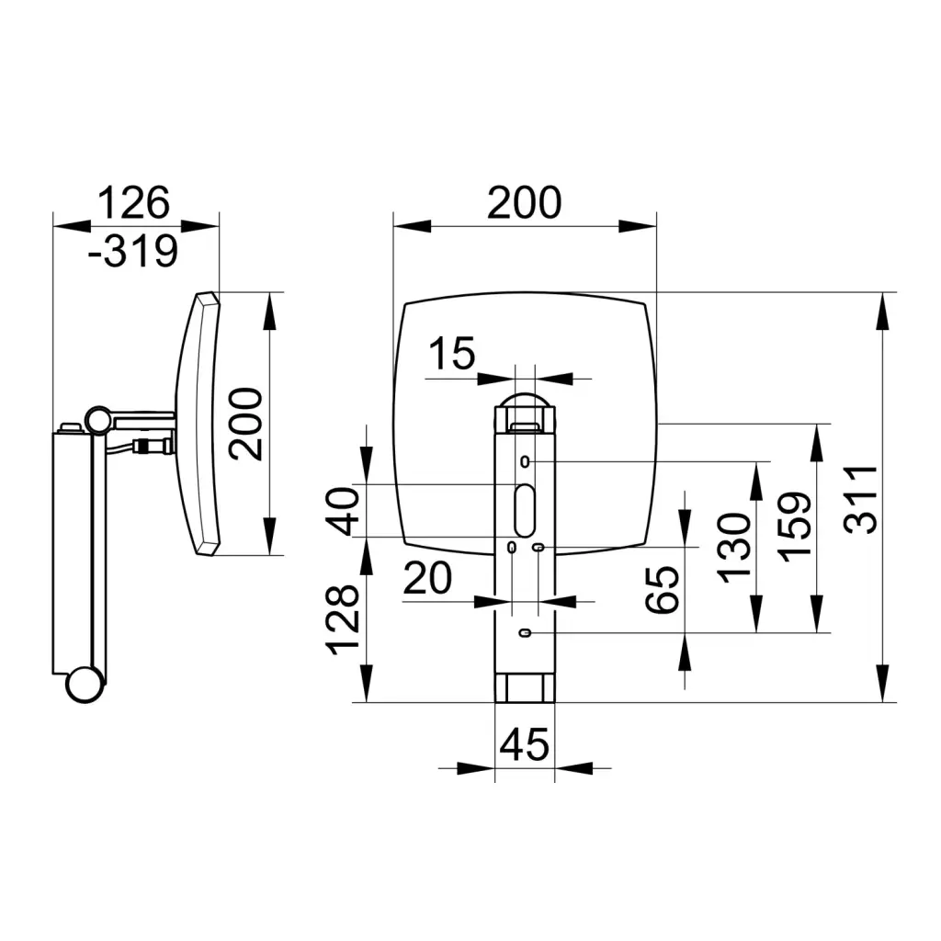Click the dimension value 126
point(134,202)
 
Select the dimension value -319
point(133,251)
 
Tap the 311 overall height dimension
point(860,500)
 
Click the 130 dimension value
point(734,548)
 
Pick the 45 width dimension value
point(524,744)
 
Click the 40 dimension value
point(342,511)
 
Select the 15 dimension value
point(452,353)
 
